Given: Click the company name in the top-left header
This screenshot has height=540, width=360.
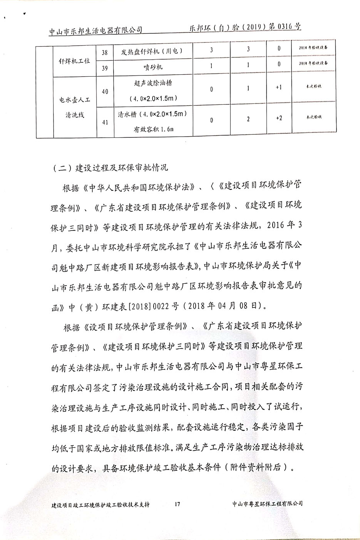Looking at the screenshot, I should pos(96,30).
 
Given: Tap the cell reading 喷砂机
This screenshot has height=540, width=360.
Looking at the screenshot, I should pos(154,67).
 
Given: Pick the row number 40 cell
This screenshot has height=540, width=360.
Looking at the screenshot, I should pos(104,92).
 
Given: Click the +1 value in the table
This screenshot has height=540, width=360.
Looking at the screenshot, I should pos(279,87).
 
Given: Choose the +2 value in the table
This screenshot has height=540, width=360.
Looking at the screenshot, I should pos(279,118).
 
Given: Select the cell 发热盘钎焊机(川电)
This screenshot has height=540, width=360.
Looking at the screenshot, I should pos(154,51).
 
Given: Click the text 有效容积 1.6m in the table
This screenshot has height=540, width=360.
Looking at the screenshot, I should pos(153,129).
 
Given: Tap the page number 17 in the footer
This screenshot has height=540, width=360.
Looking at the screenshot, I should pos(177,504).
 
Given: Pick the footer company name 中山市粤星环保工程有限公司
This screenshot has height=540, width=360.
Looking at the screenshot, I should pos(268,504).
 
